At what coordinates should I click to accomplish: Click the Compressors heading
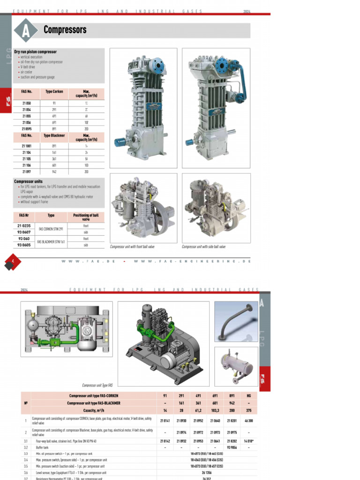click(x=65, y=30)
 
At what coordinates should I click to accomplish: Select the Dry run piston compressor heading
click(x=35, y=52)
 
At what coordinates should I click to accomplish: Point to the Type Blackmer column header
click(x=54, y=135)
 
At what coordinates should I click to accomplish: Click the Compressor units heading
click(x=28, y=181)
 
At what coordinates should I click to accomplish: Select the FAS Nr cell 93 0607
click(x=24, y=232)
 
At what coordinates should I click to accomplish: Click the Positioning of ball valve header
click(x=86, y=217)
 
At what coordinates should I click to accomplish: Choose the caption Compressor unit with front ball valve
click(x=132, y=247)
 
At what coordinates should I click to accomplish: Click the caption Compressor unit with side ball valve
click(x=203, y=247)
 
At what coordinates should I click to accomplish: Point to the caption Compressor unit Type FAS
click(x=97, y=385)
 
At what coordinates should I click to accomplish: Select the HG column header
click(x=248, y=396)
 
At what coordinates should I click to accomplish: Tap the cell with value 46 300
click(x=248, y=421)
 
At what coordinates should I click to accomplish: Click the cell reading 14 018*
click(x=248, y=441)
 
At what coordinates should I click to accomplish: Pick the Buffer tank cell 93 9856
click(x=232, y=448)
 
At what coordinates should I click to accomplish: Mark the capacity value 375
click(x=248, y=411)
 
